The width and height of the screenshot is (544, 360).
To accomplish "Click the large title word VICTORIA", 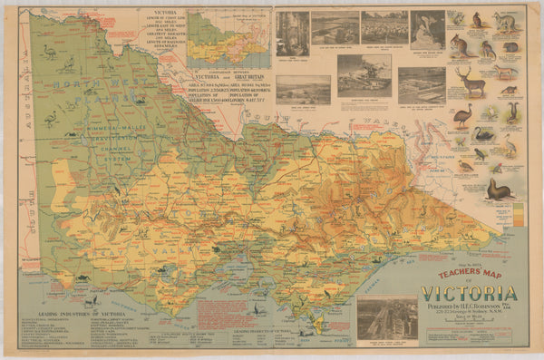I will [x=469, y=294].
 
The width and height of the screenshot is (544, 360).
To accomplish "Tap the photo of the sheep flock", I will [x=384, y=27].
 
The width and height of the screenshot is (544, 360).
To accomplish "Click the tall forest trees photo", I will [x=292, y=33].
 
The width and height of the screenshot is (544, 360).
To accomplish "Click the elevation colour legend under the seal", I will [x=518, y=214].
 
